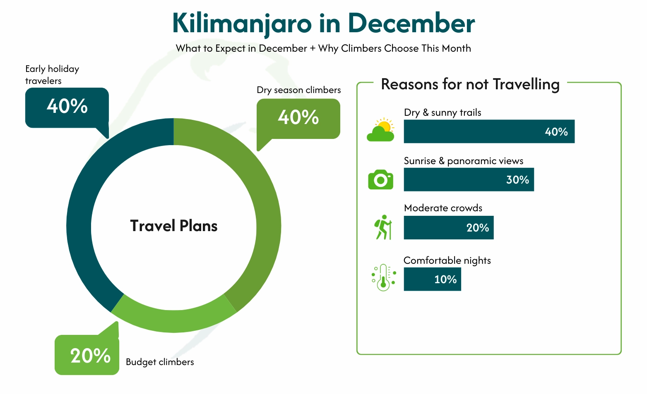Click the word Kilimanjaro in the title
coord(242,23)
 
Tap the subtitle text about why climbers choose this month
coord(323,48)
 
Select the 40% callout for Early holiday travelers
coord(67,107)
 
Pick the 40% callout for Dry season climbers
coord(298,118)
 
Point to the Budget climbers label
coord(160,362)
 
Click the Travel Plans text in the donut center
coord(174,226)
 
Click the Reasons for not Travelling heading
coord(470,84)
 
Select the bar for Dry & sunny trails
coord(489,131)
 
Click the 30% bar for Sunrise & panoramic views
coord(469,179)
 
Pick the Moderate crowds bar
coord(449,227)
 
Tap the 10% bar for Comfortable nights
coord(432,279)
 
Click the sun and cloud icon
coord(381,130)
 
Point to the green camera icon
coord(380,179)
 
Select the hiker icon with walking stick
coord(383,227)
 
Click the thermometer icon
coord(383,277)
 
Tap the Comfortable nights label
coord(447,260)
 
